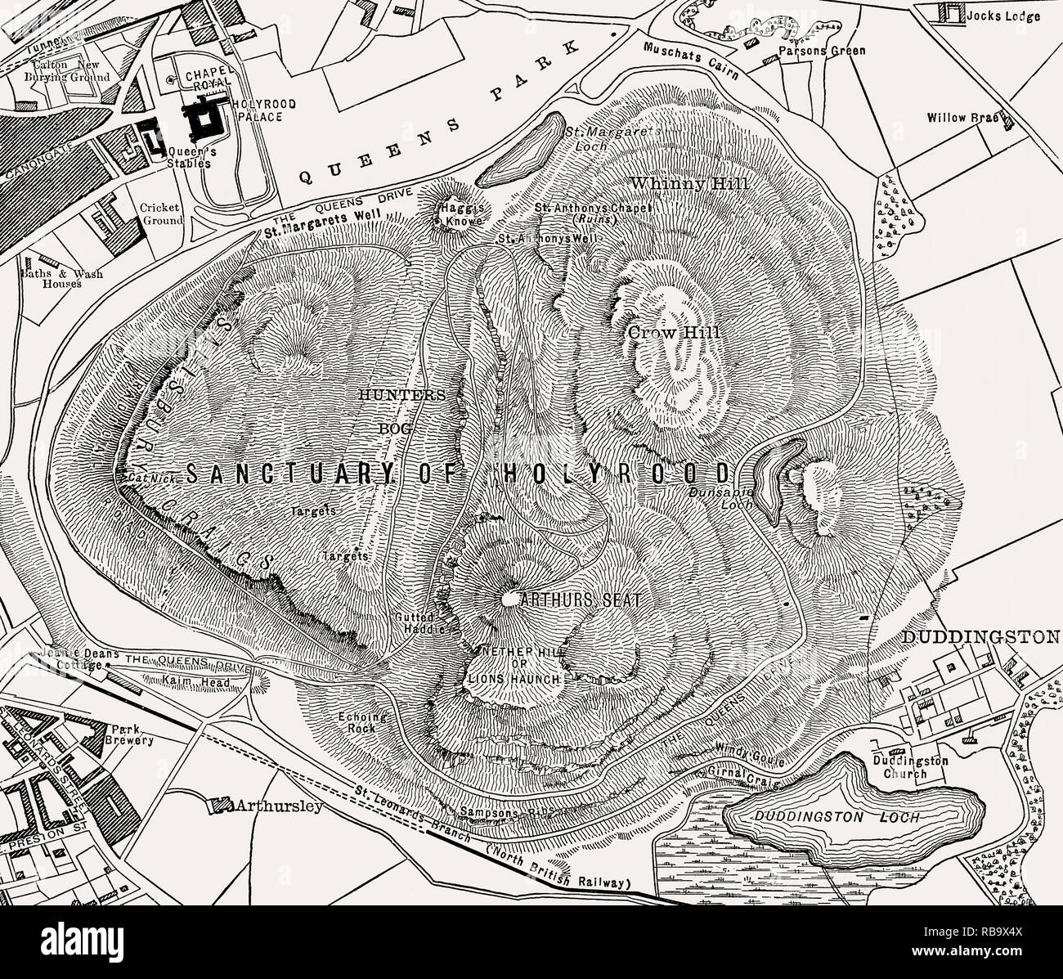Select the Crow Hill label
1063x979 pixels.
coord(674,333)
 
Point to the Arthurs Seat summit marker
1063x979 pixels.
coord(509,599)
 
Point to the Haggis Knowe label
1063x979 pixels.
coord(454,213)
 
